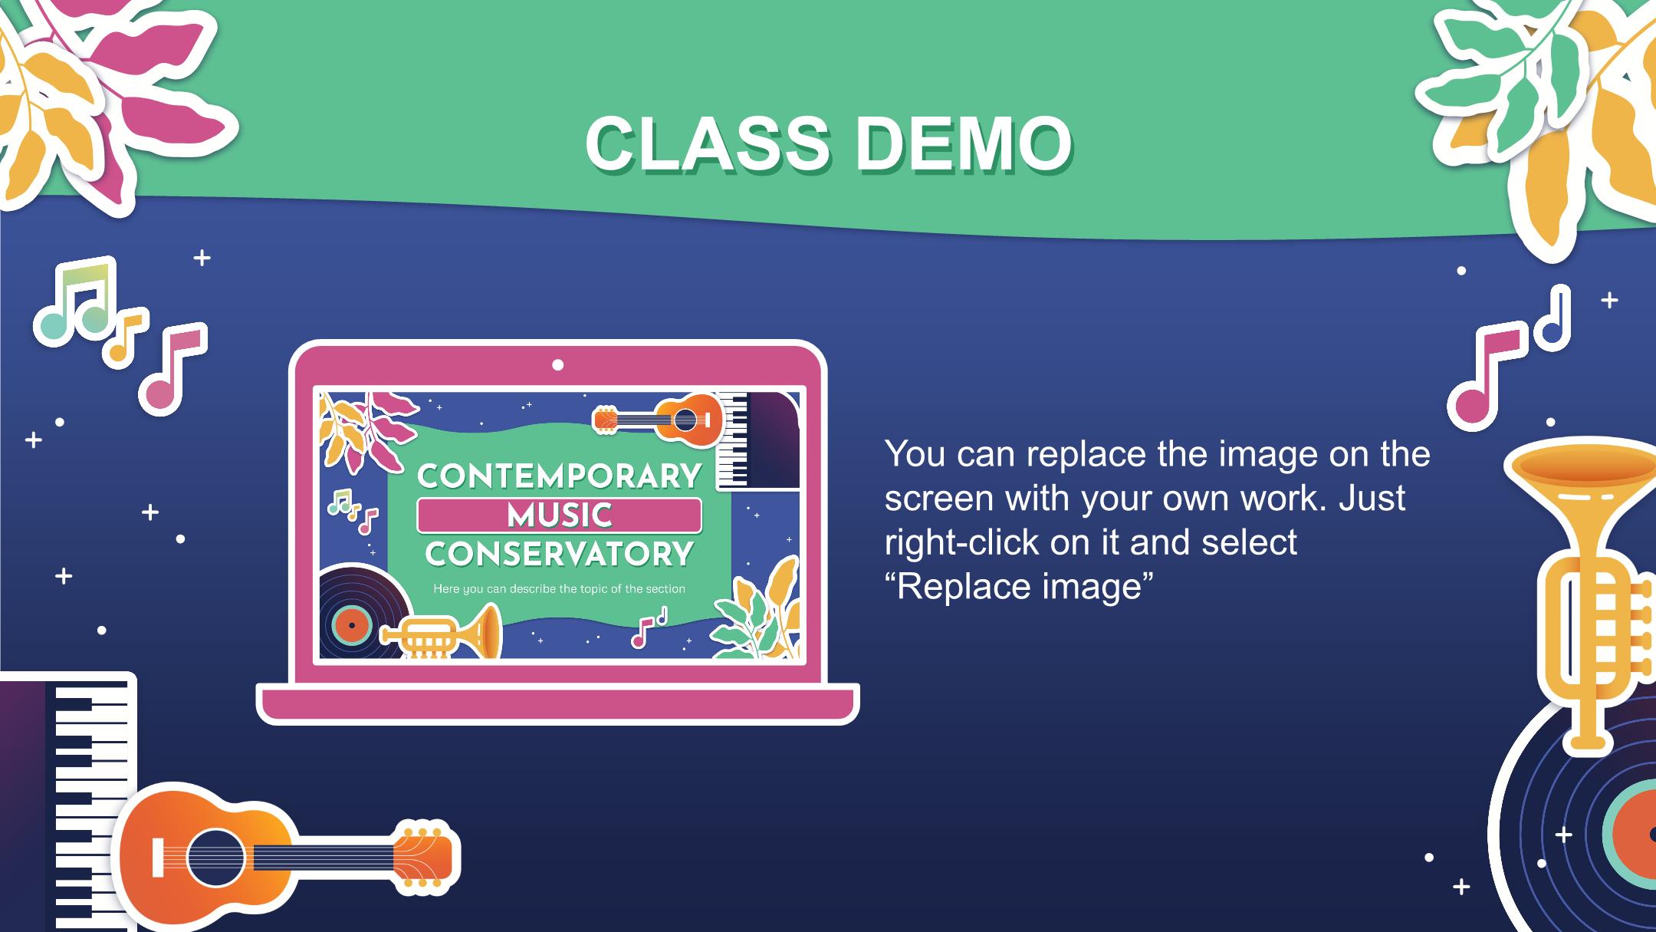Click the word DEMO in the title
[x=964, y=143]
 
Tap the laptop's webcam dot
[x=558, y=365]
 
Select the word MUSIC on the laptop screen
[x=559, y=515]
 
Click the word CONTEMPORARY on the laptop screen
[x=559, y=476]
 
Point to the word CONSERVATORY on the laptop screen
[x=559, y=554]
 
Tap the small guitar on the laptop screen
[x=659, y=420]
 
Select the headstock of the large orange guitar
[x=423, y=858]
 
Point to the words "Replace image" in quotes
[x=1019, y=587]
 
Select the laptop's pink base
[x=557, y=704]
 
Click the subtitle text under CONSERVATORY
[x=559, y=589]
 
